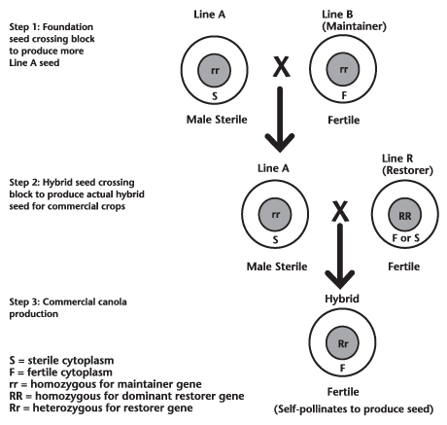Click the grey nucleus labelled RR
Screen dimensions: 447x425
coord(405,215)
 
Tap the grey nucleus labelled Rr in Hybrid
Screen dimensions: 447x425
coord(342,343)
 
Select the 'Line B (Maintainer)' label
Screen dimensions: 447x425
coord(354,20)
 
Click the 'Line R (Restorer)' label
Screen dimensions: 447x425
coord(407,164)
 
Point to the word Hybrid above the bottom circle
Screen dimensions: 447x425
coord(342,299)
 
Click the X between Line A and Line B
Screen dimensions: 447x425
coord(281,67)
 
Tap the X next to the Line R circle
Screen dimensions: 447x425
coord(340,211)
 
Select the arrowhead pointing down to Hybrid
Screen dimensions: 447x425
coord(340,279)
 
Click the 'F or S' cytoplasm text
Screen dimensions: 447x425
coord(405,238)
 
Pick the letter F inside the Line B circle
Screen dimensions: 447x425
coord(344,95)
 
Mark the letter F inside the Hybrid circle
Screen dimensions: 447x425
coord(342,369)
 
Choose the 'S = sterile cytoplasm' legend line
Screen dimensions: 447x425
coord(61,361)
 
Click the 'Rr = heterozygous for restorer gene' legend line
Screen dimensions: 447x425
coord(101,407)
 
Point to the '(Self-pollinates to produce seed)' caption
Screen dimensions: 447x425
coord(354,409)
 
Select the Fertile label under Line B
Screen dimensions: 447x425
coord(344,121)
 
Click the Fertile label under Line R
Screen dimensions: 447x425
coord(404,266)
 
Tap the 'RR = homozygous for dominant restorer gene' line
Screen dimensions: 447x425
coord(126,396)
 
